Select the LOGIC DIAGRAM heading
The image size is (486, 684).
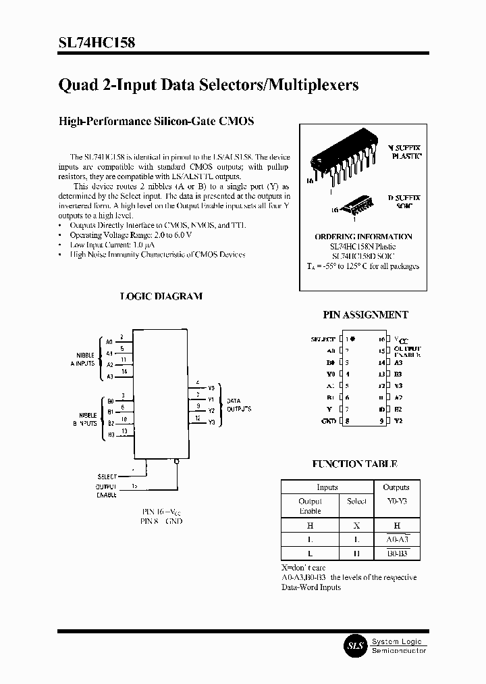click(161, 296)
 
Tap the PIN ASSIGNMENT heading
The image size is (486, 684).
click(366, 314)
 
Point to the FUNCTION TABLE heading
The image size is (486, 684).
click(354, 464)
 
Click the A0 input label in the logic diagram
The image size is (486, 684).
click(109, 341)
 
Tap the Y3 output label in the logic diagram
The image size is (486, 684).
click(211, 422)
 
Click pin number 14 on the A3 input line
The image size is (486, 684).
click(124, 371)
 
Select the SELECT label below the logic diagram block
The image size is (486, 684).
click(107, 477)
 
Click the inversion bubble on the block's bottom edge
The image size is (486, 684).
click(177, 462)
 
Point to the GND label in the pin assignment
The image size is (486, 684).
click(329, 421)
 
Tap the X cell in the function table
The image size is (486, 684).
click(356, 525)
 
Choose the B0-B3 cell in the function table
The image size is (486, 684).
click(396, 553)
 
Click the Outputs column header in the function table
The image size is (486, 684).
click(396, 487)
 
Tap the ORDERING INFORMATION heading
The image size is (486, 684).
click(363, 237)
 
